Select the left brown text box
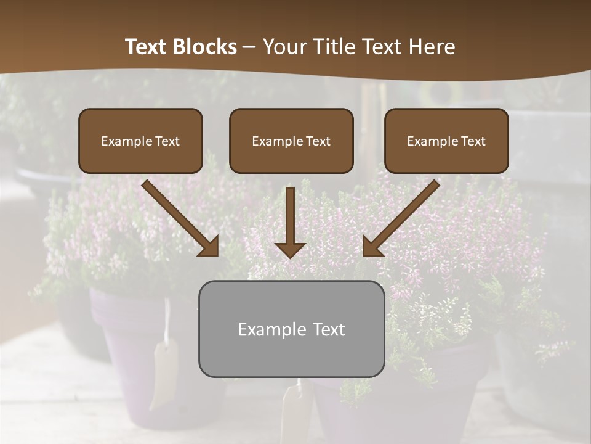pyautogui.click(x=140, y=141)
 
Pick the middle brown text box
pyautogui.click(x=291, y=141)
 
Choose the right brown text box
pyautogui.click(x=446, y=141)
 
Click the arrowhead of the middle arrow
pyautogui.click(x=290, y=249)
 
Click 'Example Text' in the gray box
pyautogui.click(x=291, y=329)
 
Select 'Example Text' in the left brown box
pyautogui.click(x=140, y=141)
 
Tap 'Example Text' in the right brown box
pyautogui.click(x=446, y=141)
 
